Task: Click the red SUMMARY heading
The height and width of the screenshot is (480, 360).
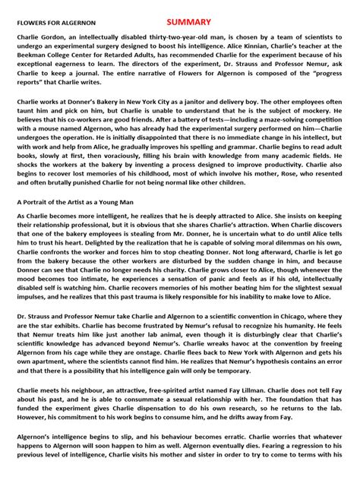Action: coord(191,22)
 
